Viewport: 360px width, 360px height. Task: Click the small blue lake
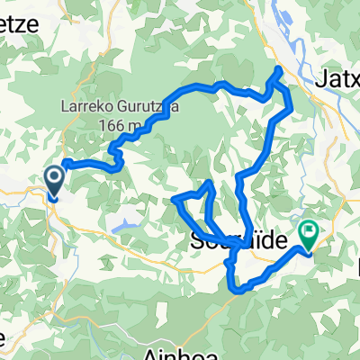click(x=126, y=218)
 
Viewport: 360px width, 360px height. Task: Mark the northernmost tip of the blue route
click(x=278, y=69)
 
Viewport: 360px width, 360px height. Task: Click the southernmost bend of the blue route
click(x=239, y=290)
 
